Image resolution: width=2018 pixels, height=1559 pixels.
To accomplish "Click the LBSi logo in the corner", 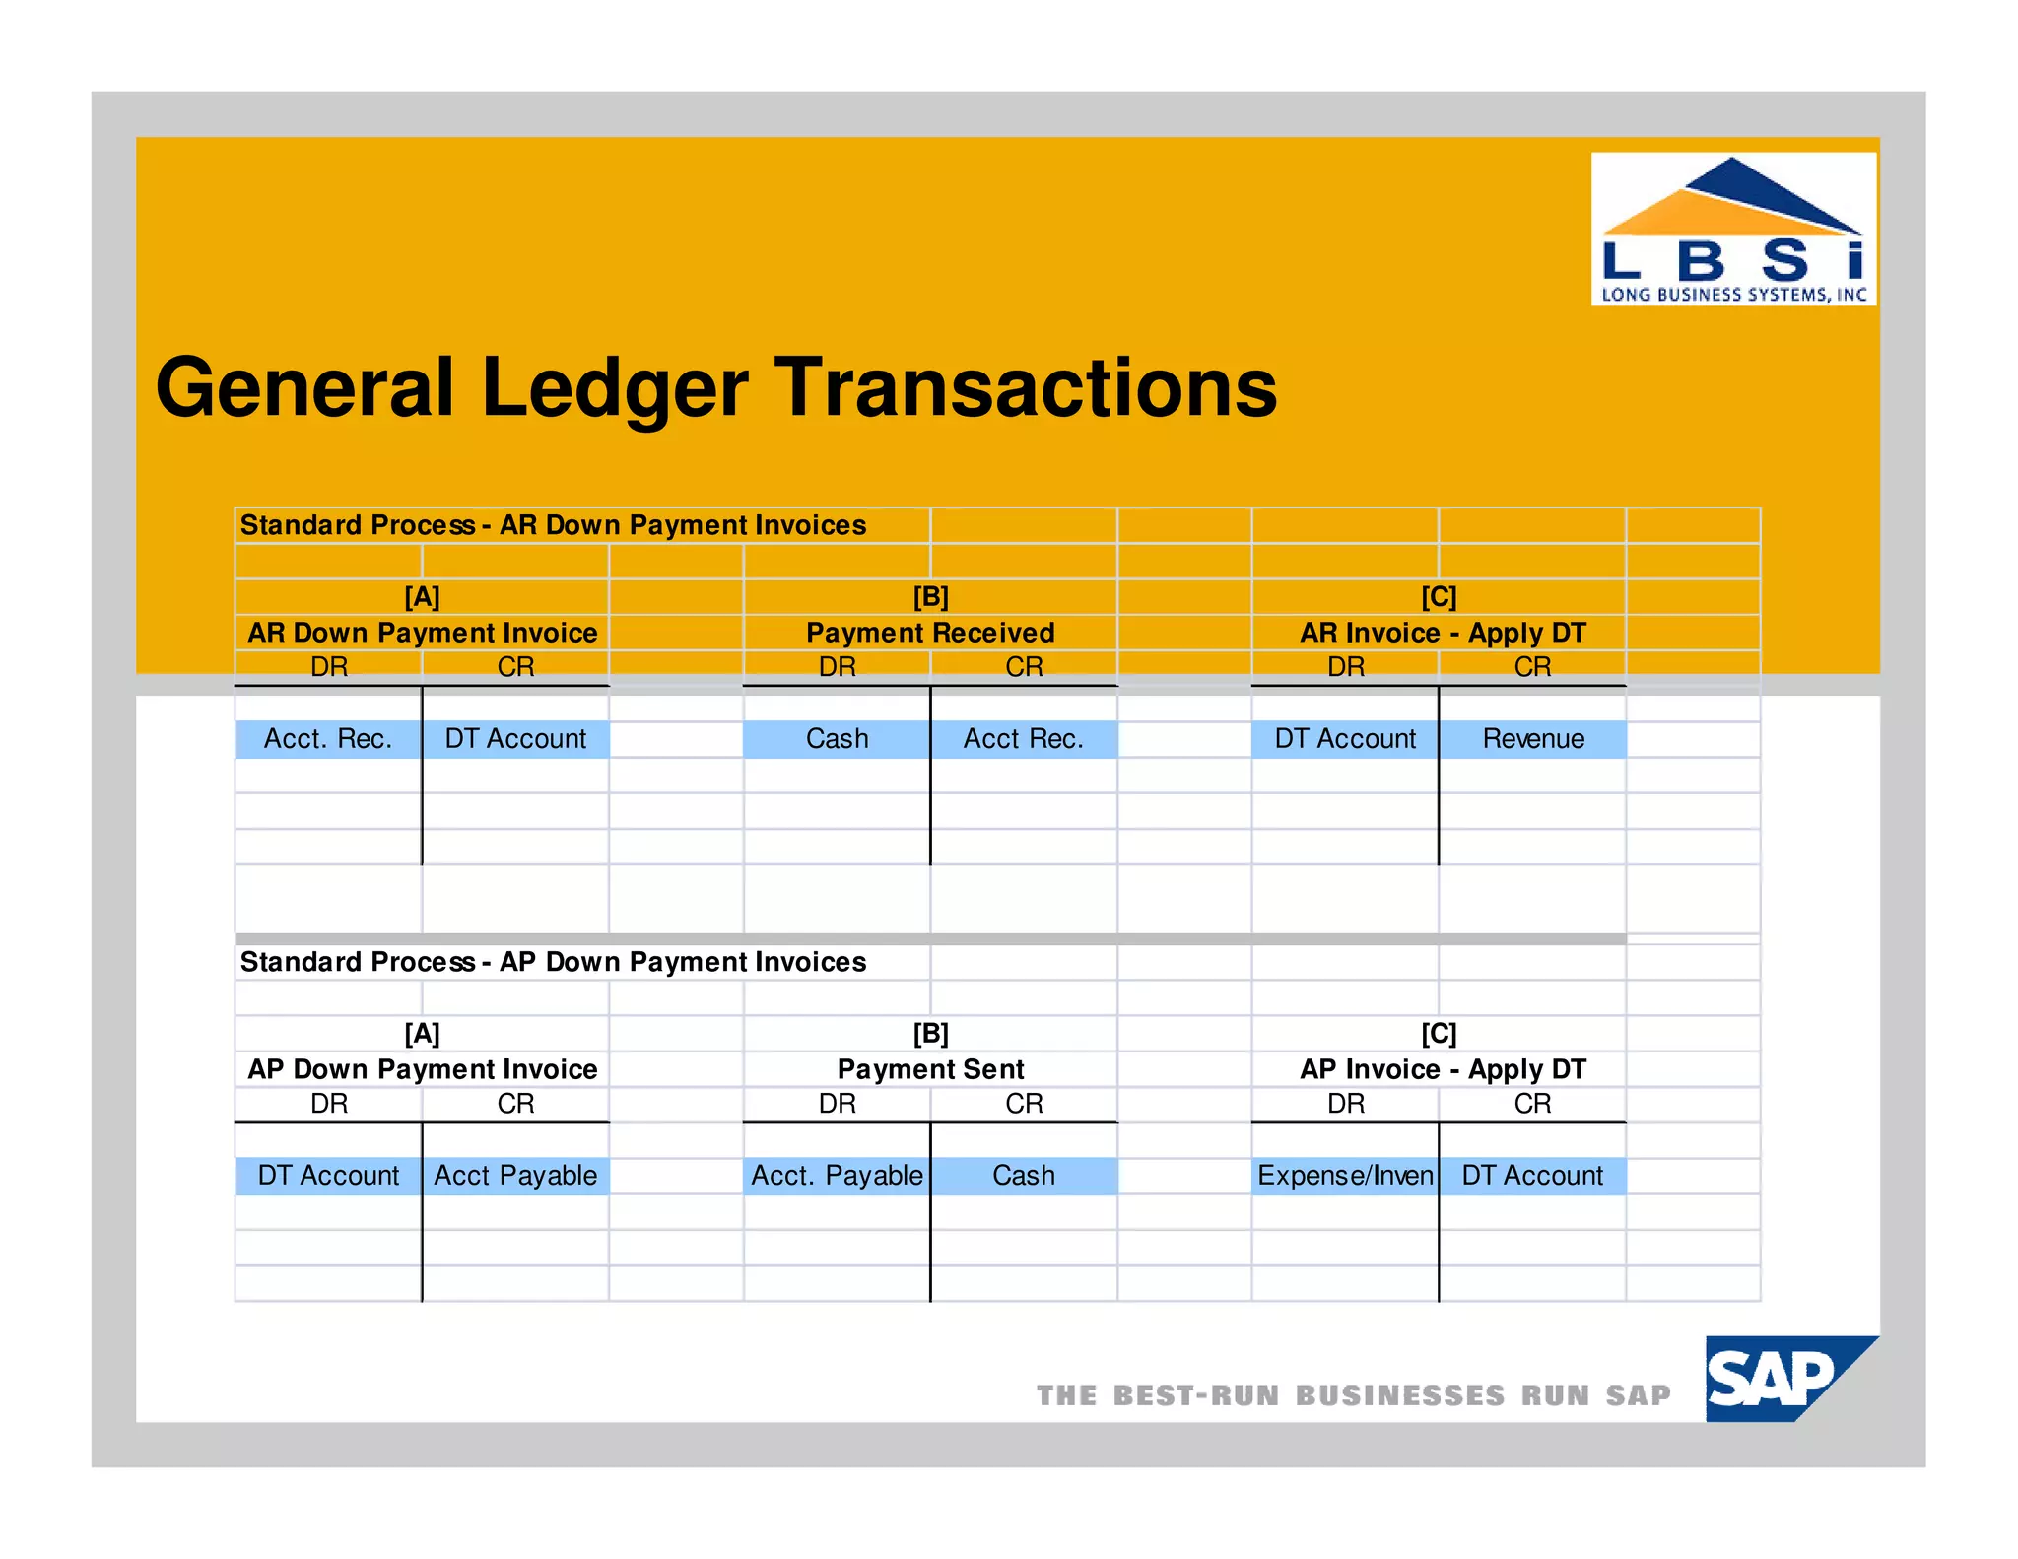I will [x=1732, y=229].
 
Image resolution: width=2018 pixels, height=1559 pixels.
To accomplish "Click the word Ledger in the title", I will [x=614, y=388].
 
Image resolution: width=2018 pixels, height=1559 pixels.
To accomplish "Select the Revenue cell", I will [x=1532, y=739].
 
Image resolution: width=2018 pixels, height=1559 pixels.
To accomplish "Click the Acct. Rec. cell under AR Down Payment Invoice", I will [x=328, y=739].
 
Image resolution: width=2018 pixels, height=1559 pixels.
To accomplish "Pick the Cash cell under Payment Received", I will [x=837, y=739].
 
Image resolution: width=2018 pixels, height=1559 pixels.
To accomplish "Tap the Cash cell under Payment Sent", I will [x=1023, y=1176].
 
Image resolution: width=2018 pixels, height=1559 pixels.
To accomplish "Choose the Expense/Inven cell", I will [x=1345, y=1176].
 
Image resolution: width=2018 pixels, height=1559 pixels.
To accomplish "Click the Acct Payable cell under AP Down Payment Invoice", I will [x=515, y=1176].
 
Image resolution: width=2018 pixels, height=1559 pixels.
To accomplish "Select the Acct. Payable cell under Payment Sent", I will [x=837, y=1176].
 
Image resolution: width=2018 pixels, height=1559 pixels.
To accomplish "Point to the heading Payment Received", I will [x=930, y=633].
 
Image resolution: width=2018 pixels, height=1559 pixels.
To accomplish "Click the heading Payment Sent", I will [x=930, y=1069].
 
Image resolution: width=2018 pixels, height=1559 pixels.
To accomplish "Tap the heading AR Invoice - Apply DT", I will [x=1442, y=633].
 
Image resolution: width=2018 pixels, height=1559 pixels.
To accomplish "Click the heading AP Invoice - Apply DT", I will [x=1442, y=1069].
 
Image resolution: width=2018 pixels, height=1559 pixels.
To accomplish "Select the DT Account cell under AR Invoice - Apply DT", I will [x=1345, y=739].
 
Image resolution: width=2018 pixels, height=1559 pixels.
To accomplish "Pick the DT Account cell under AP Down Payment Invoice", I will [x=328, y=1176].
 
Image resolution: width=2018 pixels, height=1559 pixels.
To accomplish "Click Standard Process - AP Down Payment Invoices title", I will [x=553, y=962].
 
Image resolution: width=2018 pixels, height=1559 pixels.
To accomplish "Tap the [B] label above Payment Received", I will [x=930, y=597].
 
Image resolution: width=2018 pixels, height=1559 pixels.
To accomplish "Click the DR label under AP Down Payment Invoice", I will [x=328, y=1104].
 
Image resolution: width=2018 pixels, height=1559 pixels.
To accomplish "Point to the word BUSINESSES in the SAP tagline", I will [x=1399, y=1395].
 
